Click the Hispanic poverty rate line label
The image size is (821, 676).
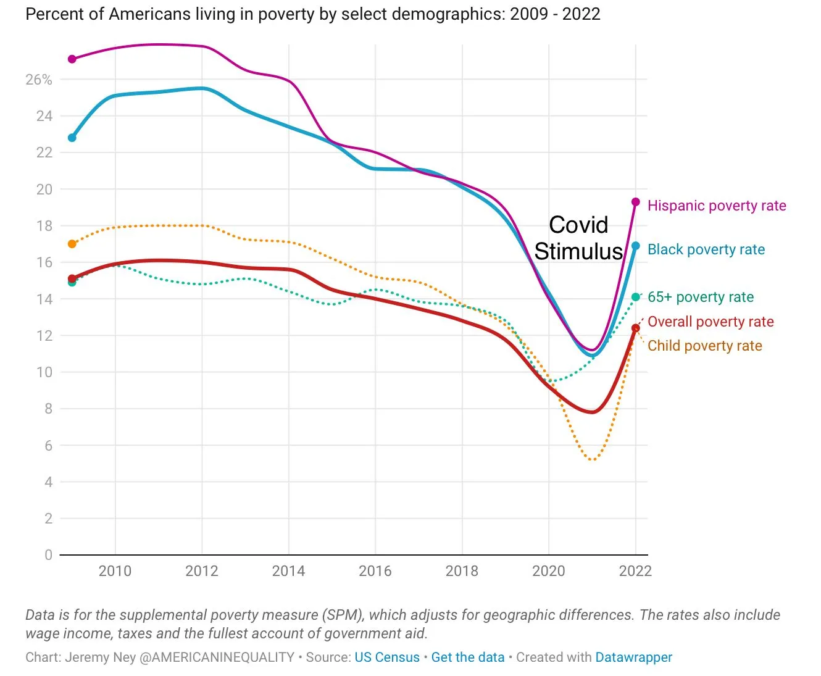pyautogui.click(x=716, y=206)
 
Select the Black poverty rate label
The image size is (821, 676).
pyautogui.click(x=706, y=249)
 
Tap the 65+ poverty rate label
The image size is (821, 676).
pyautogui.click(x=700, y=297)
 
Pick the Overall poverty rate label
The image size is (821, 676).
pyautogui.click(x=710, y=322)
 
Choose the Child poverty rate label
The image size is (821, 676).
pyautogui.click(x=704, y=346)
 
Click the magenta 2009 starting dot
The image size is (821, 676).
pyautogui.click(x=72, y=59)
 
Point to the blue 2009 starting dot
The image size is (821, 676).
pyautogui.click(x=72, y=138)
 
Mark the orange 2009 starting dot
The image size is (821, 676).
pyautogui.click(x=72, y=244)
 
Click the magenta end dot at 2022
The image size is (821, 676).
pyautogui.click(x=636, y=202)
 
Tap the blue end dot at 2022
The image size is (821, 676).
pyautogui.click(x=636, y=246)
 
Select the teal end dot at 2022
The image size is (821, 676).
pyautogui.click(x=636, y=297)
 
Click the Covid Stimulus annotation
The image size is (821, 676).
pyautogui.click(x=578, y=238)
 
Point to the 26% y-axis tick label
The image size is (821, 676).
pyautogui.click(x=39, y=80)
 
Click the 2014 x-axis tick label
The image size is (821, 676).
pyautogui.click(x=288, y=570)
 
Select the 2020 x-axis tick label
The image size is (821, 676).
pyautogui.click(x=549, y=570)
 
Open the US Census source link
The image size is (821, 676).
pyautogui.click(x=386, y=657)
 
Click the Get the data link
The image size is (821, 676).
pyautogui.click(x=467, y=657)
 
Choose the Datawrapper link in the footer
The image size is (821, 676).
pyautogui.click(x=633, y=657)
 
